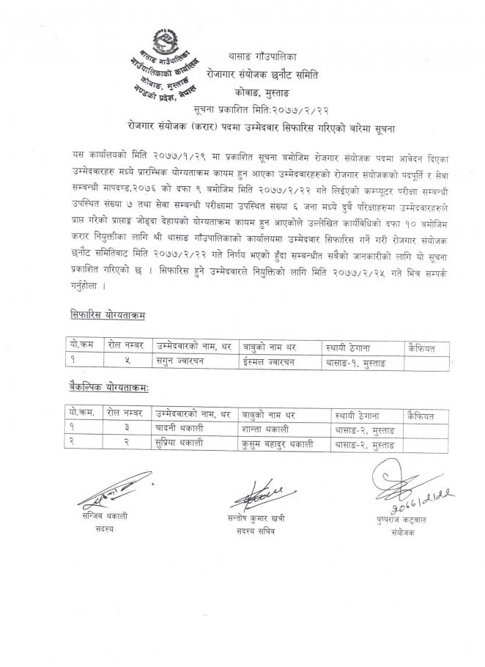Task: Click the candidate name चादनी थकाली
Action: (x=177, y=427)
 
